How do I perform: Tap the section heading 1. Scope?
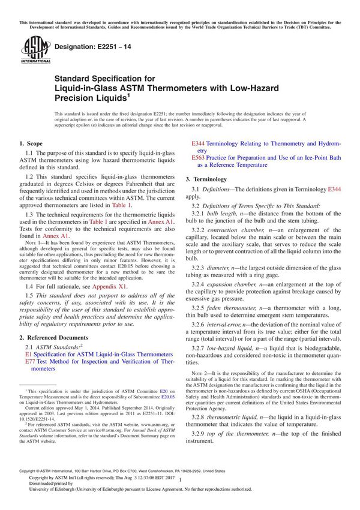[x=31, y=144]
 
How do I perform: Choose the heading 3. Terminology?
[x=206, y=179]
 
